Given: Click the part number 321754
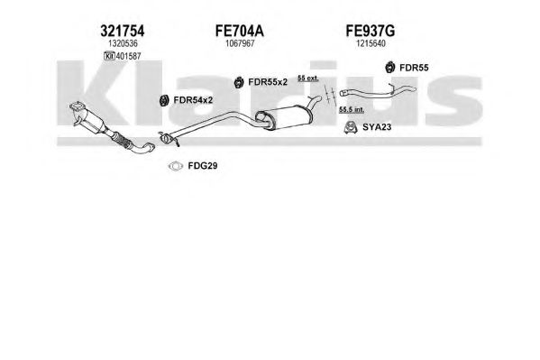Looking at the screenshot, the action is pyautogui.click(x=123, y=31).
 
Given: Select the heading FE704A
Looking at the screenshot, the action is pyautogui.click(x=240, y=31).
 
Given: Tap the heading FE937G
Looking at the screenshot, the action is pyautogui.click(x=371, y=31).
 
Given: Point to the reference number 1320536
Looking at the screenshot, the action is pyautogui.click(x=123, y=43).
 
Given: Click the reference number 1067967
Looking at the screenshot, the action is pyautogui.click(x=240, y=43).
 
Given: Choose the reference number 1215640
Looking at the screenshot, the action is pyautogui.click(x=371, y=43).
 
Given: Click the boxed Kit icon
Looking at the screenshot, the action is pyautogui.click(x=109, y=56).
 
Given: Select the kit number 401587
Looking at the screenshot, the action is pyautogui.click(x=128, y=56).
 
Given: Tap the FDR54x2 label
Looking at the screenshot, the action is pyautogui.click(x=193, y=100).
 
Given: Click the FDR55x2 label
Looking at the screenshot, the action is pyautogui.click(x=268, y=82).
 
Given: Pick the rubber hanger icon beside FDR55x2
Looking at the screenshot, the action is pyautogui.click(x=238, y=82).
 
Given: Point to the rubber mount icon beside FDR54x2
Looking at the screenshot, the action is pyautogui.click(x=164, y=100).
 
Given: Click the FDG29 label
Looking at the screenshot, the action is pyautogui.click(x=203, y=166).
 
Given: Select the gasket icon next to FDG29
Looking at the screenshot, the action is pyautogui.click(x=176, y=166).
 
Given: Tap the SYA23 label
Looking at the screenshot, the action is pyautogui.click(x=377, y=127).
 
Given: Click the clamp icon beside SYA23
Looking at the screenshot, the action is pyautogui.click(x=351, y=127).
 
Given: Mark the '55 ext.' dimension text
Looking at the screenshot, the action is pyautogui.click(x=308, y=78).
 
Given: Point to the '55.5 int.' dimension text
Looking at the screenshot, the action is pyautogui.click(x=352, y=110).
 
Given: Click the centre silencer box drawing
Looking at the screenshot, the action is pyautogui.click(x=285, y=117).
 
